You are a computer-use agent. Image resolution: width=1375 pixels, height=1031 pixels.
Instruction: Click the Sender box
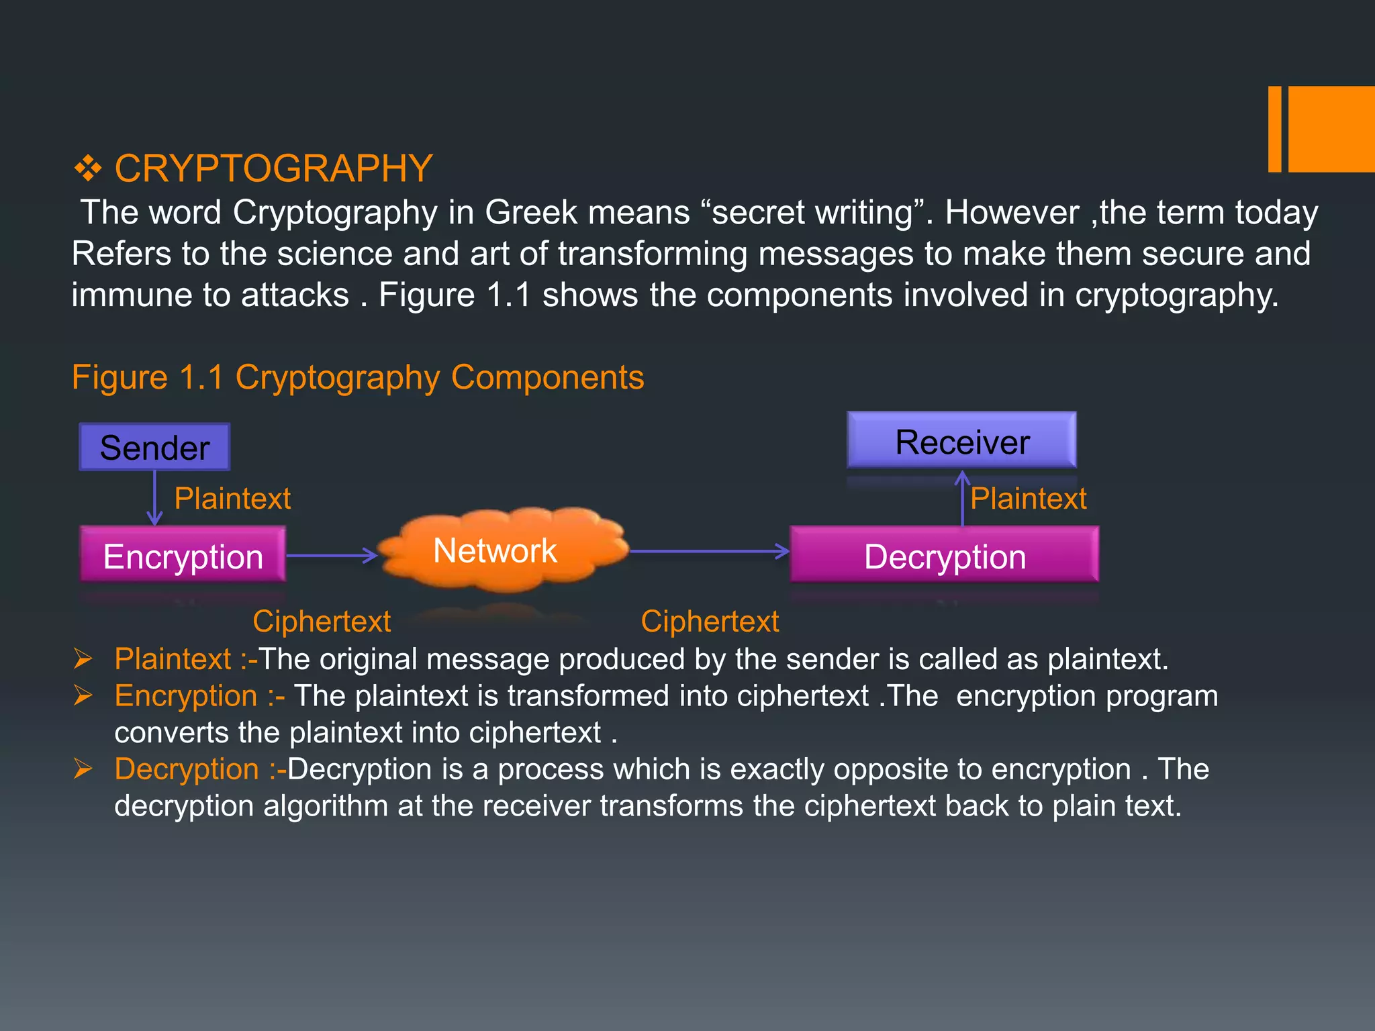pos(154,447)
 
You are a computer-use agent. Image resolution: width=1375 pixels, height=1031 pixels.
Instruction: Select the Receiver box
pos(961,441)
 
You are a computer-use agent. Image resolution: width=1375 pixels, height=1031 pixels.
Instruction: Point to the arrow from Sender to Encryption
pos(154,498)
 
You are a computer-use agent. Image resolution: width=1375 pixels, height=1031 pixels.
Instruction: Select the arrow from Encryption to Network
pos(332,555)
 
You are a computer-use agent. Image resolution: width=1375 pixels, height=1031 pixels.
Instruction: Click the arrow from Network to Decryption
pos(708,551)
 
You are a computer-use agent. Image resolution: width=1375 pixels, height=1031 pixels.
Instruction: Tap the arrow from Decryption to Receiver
pos(962,498)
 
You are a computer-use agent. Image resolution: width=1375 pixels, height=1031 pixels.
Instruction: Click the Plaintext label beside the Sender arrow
pos(232,499)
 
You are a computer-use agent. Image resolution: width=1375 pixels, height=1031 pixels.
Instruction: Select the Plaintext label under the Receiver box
pos(1028,499)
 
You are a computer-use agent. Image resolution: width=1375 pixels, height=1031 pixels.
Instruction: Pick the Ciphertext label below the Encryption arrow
pos(322,621)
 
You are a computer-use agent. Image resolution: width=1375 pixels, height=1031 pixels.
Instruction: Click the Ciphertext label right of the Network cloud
pos(710,621)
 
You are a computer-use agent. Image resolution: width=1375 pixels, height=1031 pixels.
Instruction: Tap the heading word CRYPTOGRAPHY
pos(273,168)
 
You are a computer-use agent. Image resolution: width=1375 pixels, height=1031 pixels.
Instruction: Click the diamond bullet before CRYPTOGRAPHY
pos(88,168)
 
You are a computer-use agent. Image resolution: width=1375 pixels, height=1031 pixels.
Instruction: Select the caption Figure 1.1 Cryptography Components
pos(358,377)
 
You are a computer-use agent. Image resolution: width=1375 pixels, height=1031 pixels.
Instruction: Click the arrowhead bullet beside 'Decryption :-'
pos(83,769)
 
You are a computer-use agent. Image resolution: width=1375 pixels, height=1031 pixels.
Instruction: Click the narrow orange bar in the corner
pos(1274,129)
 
